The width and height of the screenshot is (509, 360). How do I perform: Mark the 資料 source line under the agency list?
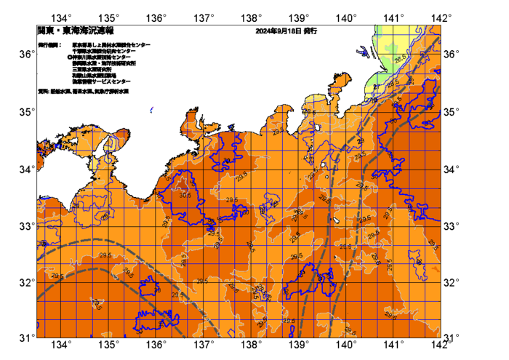84,92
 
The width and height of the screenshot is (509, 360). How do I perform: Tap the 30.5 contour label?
184,195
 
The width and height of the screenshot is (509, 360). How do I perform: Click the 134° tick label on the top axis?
63,17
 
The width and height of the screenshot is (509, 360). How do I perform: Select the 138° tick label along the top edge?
252,17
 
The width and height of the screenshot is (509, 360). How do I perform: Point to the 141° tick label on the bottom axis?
393,345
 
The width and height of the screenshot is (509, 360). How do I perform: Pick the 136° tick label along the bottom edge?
157,345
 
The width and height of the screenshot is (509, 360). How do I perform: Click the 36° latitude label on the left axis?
26,55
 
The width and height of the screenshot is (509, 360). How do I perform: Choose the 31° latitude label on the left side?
26,338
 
